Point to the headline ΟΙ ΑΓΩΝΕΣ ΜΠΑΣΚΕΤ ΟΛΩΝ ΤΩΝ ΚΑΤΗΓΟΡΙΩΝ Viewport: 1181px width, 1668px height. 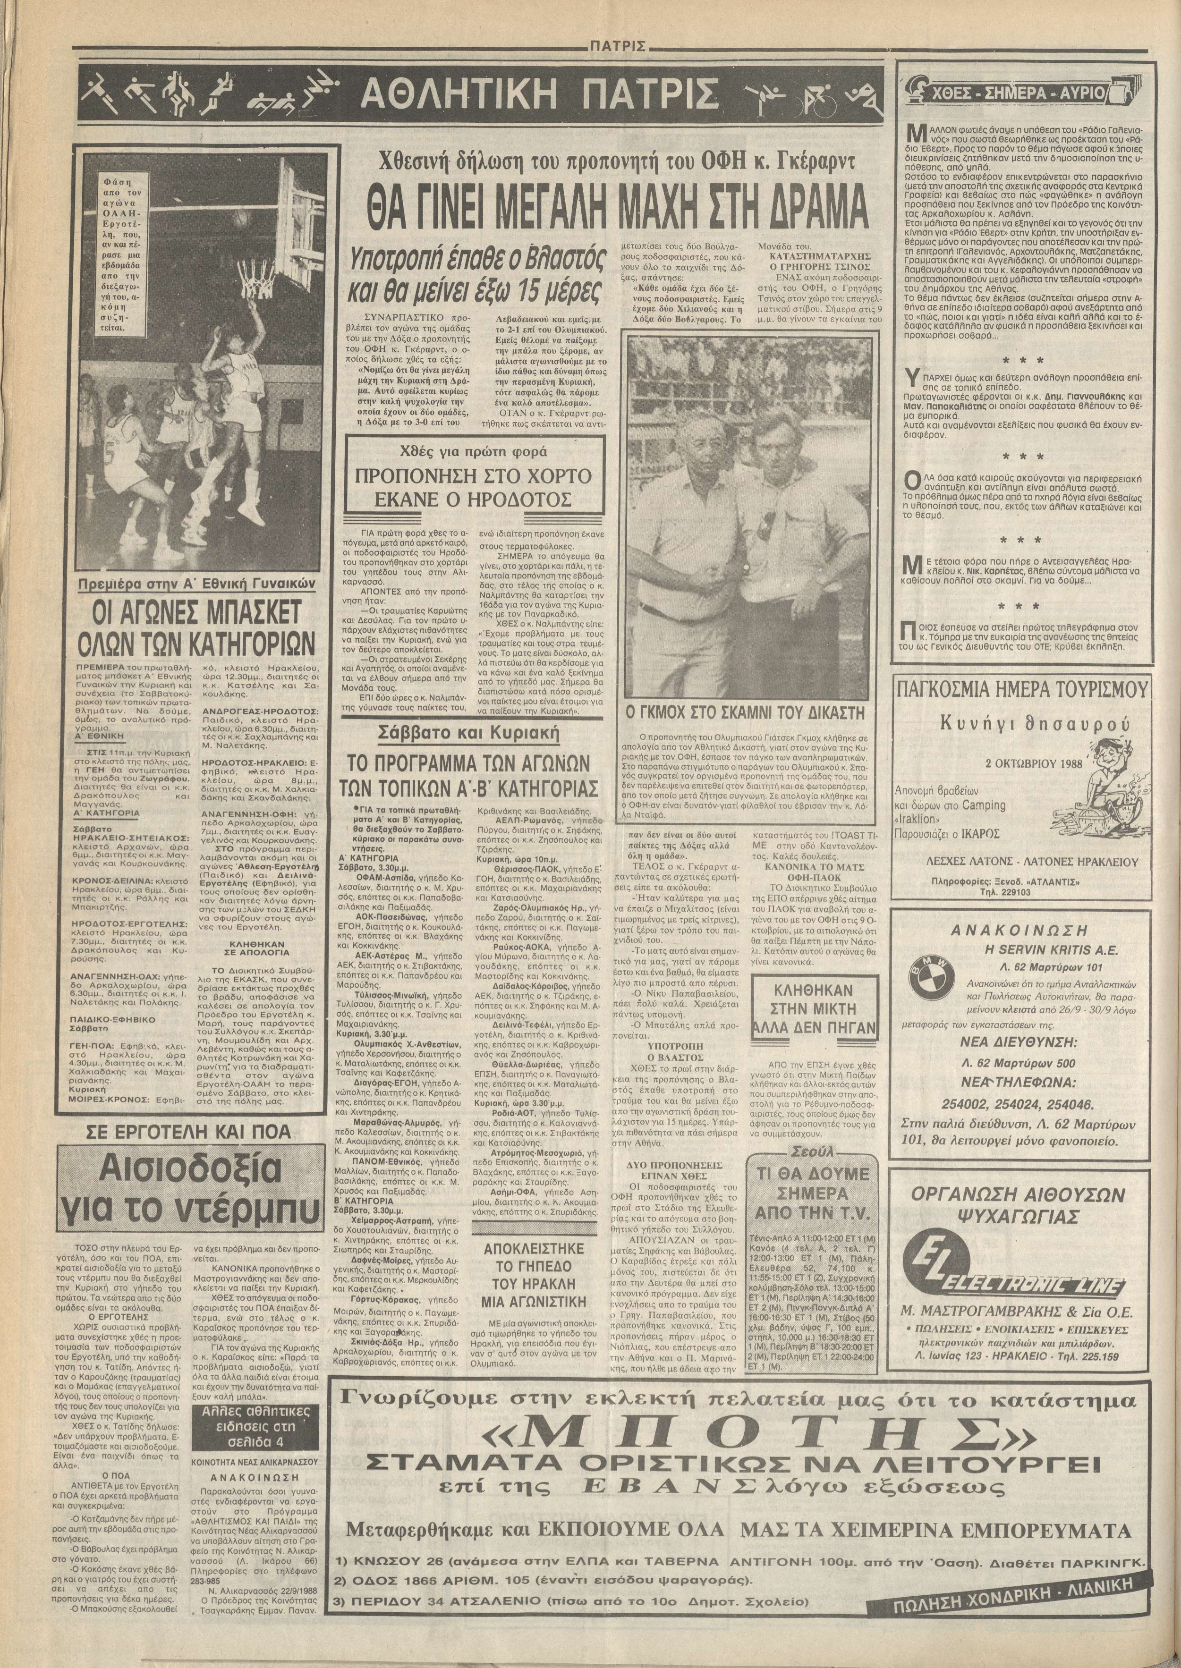(x=196, y=628)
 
